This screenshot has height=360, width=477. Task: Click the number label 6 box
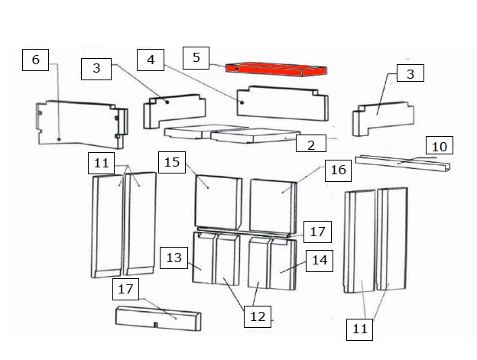click(35, 60)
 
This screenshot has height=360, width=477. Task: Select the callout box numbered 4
click(151, 60)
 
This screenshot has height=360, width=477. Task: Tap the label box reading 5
click(196, 58)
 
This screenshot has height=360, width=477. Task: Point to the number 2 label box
click(311, 144)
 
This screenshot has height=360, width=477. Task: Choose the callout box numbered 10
click(440, 145)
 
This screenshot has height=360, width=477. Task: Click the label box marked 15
click(172, 162)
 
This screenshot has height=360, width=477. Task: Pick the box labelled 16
click(339, 170)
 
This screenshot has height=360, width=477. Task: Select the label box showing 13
click(174, 258)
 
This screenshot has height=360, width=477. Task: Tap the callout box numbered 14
click(320, 261)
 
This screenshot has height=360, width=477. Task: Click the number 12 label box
click(258, 317)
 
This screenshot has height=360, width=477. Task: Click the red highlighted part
click(276, 70)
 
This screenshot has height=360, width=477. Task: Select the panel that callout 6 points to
click(82, 124)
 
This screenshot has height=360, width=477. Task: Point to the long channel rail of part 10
click(403, 164)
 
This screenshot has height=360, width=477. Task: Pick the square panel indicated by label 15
click(218, 203)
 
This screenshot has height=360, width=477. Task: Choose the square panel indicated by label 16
click(273, 206)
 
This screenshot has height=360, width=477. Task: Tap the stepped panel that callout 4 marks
click(282, 103)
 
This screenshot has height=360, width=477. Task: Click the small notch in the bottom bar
click(155, 325)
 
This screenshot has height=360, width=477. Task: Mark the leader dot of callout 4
click(242, 102)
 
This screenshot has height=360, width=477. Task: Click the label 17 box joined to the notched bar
click(125, 289)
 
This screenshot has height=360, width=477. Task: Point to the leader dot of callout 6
click(59, 139)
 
